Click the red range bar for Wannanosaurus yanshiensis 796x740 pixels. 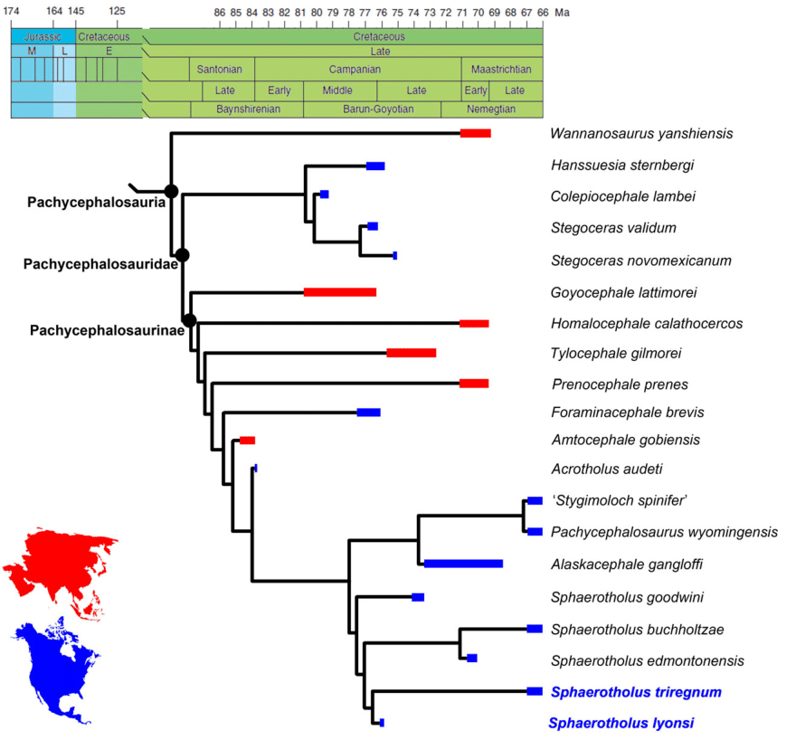pyautogui.click(x=475, y=133)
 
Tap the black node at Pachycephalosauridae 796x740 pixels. pyautogui.click(x=182, y=255)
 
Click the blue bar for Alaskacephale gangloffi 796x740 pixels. pyautogui.click(x=463, y=564)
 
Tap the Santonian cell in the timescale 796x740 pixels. pyautogui.click(x=221, y=70)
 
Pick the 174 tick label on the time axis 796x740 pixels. pyautogui.click(x=11, y=12)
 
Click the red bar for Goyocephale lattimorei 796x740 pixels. pyautogui.click(x=339, y=291)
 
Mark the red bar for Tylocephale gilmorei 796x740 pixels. pyautogui.click(x=412, y=352)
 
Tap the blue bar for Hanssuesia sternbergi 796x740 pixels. pyautogui.click(x=375, y=166)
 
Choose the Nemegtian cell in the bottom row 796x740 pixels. pyautogui.click(x=491, y=109)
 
